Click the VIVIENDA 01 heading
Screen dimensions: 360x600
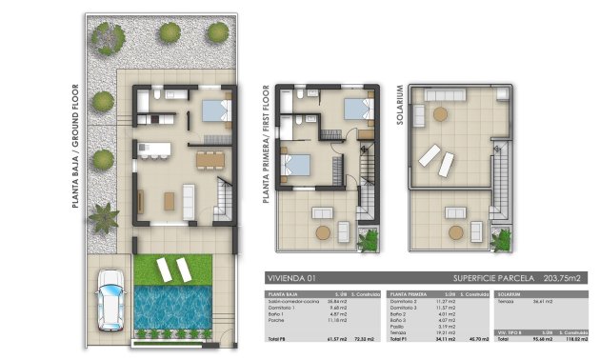290,278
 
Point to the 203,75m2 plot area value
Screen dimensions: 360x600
561,278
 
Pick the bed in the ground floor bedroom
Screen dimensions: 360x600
217,111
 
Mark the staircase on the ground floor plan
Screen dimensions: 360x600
223,201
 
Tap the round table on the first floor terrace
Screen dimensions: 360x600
324,231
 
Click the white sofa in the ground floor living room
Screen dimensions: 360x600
188,200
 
